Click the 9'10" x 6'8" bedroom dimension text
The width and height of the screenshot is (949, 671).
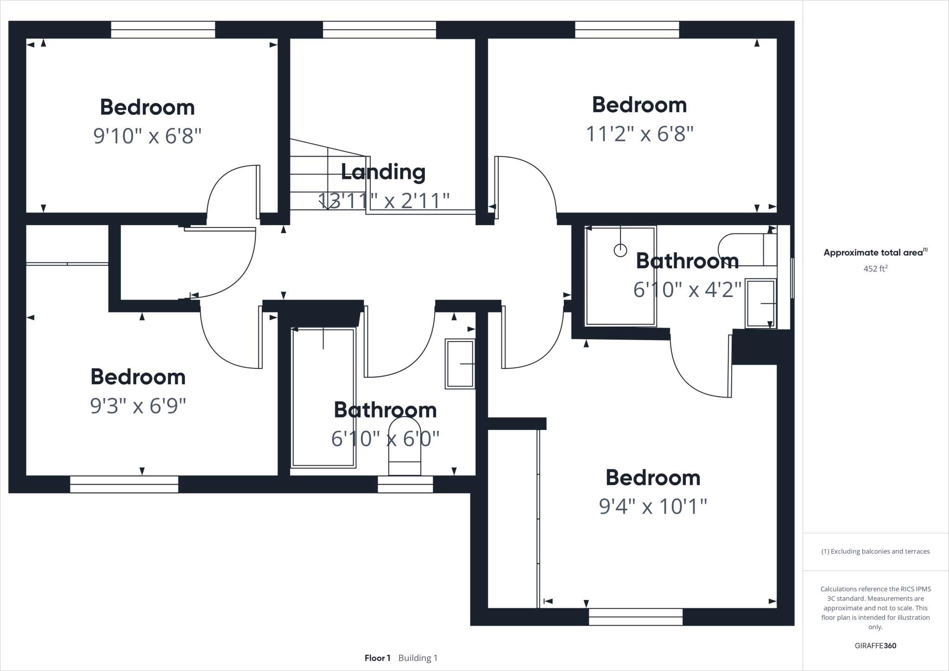pyautogui.click(x=147, y=136)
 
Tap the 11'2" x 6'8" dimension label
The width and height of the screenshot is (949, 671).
pyautogui.click(x=639, y=134)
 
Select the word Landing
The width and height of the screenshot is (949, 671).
pyautogui.click(x=383, y=172)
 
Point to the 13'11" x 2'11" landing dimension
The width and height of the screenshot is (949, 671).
pyautogui.click(x=384, y=201)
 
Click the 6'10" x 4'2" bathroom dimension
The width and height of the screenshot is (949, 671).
pyautogui.click(x=687, y=290)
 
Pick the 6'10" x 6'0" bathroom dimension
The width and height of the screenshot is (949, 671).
pyautogui.click(x=385, y=438)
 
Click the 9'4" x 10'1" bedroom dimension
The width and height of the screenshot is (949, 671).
pyautogui.click(x=653, y=506)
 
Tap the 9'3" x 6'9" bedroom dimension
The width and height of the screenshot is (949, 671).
pyautogui.click(x=138, y=406)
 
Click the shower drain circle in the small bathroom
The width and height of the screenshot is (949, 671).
pyautogui.click(x=620, y=251)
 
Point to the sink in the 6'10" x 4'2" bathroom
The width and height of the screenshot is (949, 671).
pyautogui.click(x=760, y=304)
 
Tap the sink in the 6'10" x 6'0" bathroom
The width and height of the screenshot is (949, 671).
pyautogui.click(x=460, y=364)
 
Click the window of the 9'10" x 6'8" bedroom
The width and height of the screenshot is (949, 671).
pyautogui.click(x=163, y=30)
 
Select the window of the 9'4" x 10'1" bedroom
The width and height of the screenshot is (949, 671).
pyautogui.click(x=636, y=617)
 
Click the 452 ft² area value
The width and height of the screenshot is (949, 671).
pyautogui.click(x=875, y=268)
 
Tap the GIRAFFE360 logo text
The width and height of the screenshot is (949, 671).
pyautogui.click(x=875, y=646)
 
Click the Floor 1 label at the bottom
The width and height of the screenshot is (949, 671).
pyautogui.click(x=377, y=658)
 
